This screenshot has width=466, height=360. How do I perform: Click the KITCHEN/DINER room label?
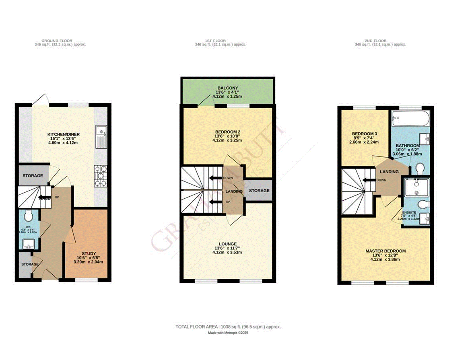coord(62,134)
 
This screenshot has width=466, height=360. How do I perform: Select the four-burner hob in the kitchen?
coord(101,177)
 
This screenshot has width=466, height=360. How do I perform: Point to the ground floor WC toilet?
coord(29,216)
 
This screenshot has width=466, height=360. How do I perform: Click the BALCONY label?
coord(228,88)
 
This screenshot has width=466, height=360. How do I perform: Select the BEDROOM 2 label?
coord(228,132)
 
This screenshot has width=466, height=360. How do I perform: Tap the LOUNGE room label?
coord(228,244)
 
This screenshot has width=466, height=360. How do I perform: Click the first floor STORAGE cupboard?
coord(259,191)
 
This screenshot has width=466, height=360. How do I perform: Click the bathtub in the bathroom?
coord(409,118)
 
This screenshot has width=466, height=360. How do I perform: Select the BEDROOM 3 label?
coord(364,134)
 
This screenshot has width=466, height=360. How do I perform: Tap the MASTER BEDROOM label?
coord(385,251)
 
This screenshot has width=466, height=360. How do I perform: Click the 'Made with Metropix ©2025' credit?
coord(228,333)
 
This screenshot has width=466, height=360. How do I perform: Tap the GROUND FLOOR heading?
coord(60,41)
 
